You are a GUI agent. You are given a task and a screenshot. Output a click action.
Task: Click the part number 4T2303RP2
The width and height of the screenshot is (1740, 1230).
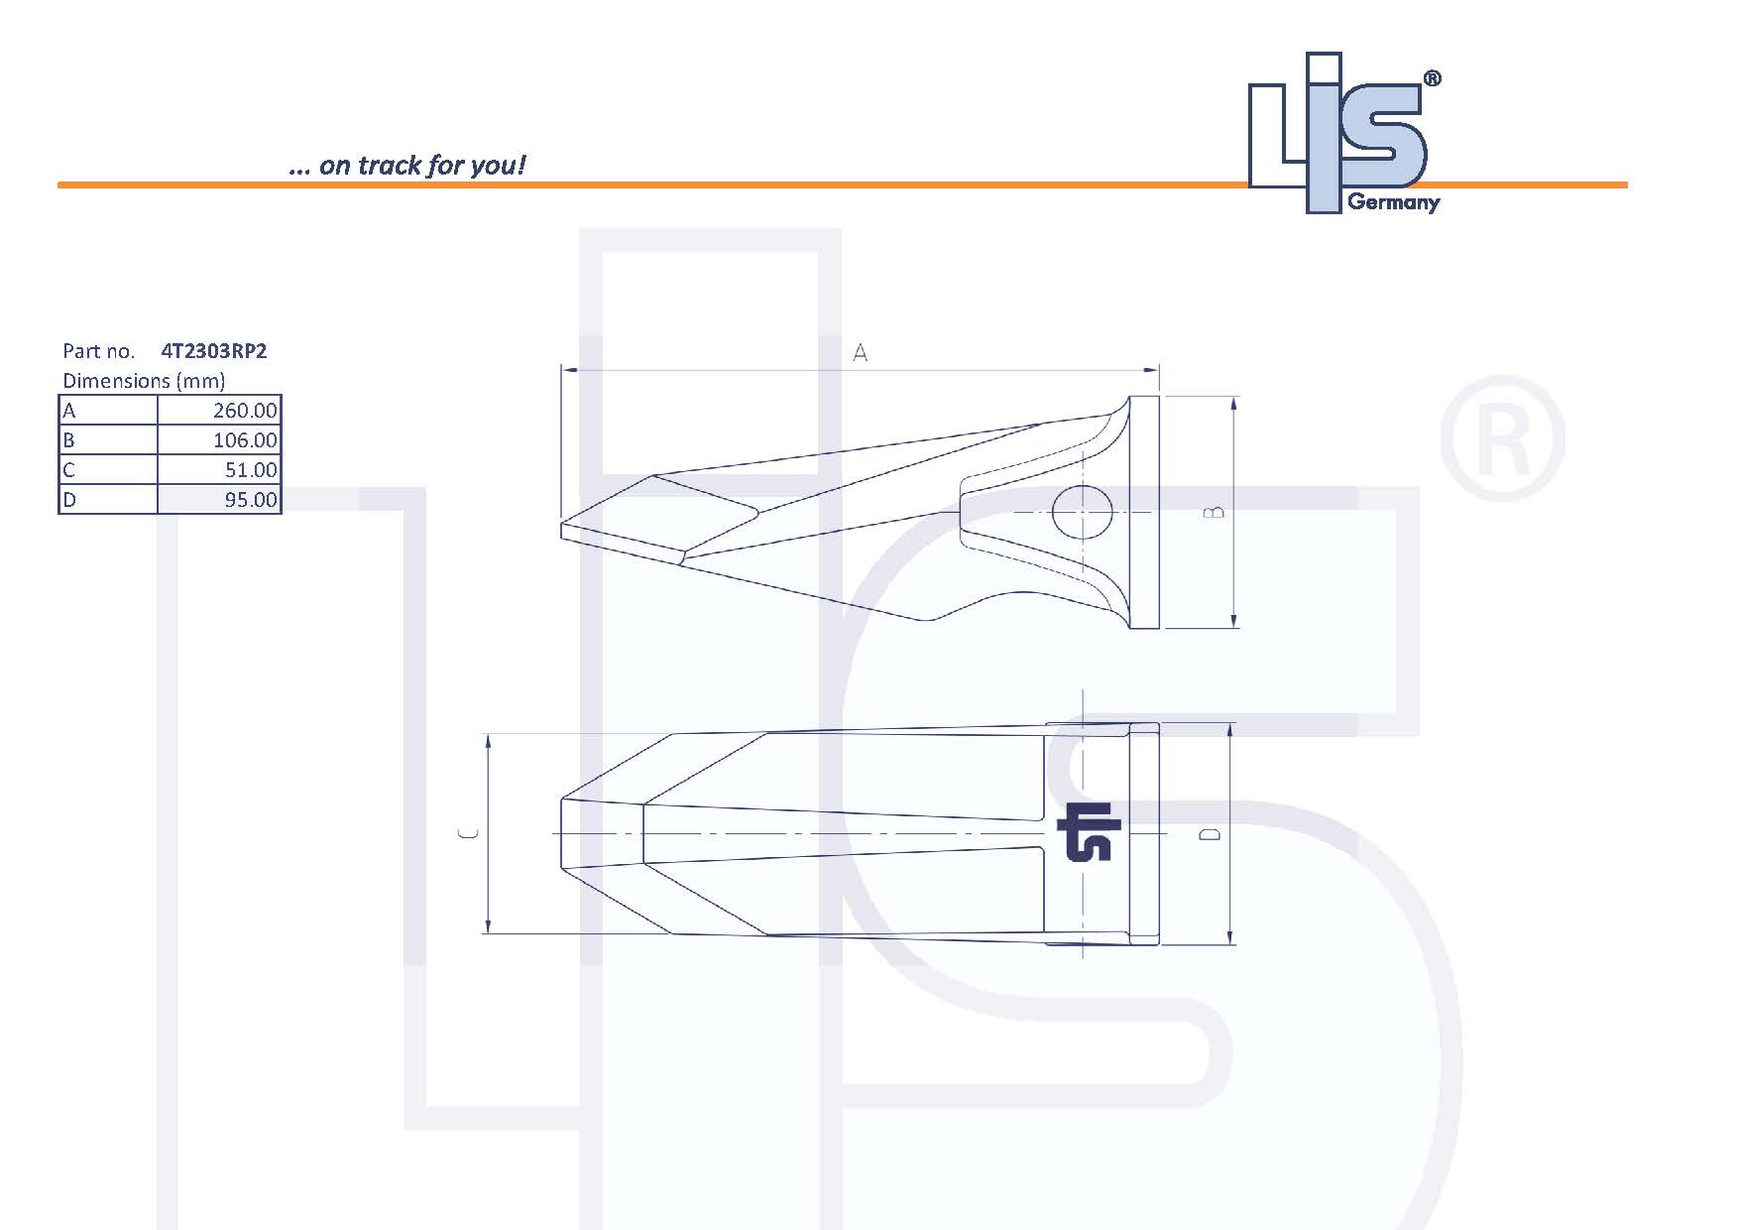213,351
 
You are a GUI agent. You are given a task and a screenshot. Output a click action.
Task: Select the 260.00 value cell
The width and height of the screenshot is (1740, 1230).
219,411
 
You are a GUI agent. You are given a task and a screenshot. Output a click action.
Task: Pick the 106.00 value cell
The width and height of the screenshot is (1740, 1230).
219,440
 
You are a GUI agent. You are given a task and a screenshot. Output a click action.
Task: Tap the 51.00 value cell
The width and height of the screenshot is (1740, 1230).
219,470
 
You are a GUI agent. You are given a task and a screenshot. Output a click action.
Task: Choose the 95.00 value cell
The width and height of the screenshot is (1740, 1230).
219,500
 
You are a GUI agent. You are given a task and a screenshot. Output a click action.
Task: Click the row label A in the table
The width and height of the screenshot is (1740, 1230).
69,411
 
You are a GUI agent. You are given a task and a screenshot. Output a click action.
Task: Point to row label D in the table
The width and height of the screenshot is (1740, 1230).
69,500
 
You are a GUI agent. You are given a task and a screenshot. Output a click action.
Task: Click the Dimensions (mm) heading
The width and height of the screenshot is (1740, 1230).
144,381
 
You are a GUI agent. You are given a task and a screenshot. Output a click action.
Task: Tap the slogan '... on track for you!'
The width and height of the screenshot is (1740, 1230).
406,165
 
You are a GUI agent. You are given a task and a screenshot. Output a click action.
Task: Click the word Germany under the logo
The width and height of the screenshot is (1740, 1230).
1393,203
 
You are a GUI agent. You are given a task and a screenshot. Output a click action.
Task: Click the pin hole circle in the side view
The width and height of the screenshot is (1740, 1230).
1082,512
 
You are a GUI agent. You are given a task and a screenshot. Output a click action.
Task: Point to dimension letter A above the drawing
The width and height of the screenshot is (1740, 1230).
860,353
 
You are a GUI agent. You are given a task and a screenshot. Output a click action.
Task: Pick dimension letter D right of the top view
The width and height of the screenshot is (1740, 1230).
1210,834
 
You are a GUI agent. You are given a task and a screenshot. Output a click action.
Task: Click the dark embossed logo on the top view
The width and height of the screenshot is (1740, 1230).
1089,831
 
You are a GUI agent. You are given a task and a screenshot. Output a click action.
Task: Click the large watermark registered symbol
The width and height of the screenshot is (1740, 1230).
1501,438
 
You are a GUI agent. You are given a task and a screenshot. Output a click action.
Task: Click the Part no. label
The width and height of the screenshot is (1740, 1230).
98,351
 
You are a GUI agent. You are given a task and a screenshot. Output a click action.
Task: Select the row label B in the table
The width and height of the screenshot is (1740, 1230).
69,440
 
